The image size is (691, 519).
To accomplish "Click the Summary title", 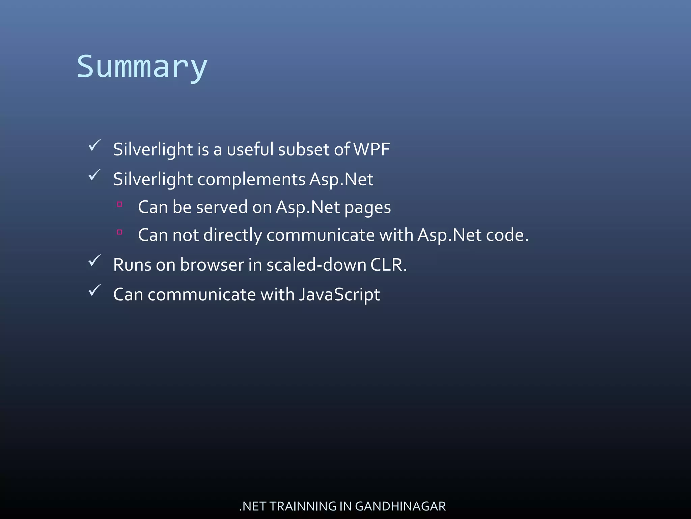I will pyautogui.click(x=142, y=67).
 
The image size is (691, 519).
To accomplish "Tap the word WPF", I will pyautogui.click(x=371, y=149).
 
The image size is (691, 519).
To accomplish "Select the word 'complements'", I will pyautogui.click(x=251, y=179).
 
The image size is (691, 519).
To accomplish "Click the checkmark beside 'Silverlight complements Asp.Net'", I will pyautogui.click(x=94, y=175).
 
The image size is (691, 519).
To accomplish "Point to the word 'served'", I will pyautogui.click(x=222, y=207).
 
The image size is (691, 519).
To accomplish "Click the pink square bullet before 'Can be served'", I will pyautogui.click(x=119, y=204).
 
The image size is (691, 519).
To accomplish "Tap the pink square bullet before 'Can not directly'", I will pyautogui.click(x=119, y=232).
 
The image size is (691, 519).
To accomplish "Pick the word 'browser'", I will pyautogui.click(x=212, y=265).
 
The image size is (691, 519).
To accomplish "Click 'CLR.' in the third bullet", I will pyautogui.click(x=388, y=265).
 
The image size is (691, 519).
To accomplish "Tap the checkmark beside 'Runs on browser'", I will pyautogui.click(x=94, y=261).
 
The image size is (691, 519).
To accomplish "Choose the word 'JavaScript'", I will pyautogui.click(x=339, y=295).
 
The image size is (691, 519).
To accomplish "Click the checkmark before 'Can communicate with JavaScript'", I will pyautogui.click(x=94, y=290).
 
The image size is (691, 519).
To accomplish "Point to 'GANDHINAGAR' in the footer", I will pyautogui.click(x=400, y=506).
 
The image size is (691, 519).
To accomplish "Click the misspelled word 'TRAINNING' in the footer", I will pyautogui.click(x=303, y=506).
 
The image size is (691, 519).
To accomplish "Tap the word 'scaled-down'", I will pyautogui.click(x=316, y=265).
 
